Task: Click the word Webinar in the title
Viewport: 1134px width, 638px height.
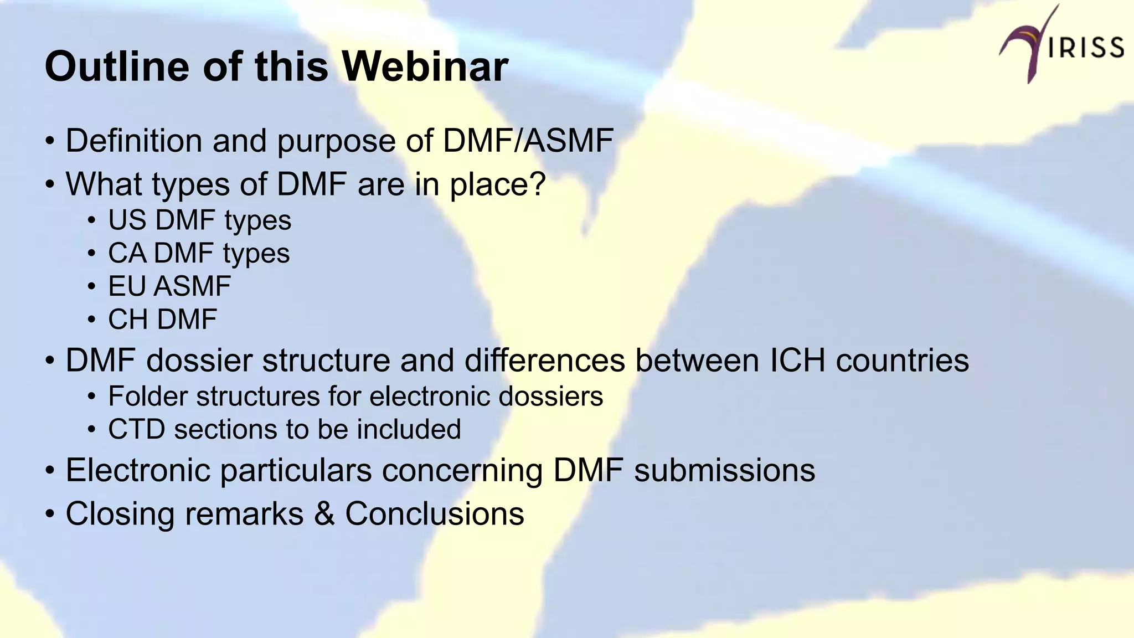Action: (x=425, y=66)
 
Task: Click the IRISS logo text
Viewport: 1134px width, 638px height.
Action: (x=1086, y=48)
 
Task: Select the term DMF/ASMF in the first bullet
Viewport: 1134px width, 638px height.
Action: (x=528, y=141)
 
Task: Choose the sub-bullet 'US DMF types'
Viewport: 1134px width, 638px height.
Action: (x=199, y=220)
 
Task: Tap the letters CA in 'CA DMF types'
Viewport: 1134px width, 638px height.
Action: (x=127, y=254)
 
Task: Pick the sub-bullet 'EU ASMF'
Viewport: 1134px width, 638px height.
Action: (x=169, y=286)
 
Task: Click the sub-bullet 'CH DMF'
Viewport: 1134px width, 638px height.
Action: (x=162, y=320)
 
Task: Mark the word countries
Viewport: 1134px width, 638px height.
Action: (x=902, y=361)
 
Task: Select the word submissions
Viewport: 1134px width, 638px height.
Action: (x=724, y=470)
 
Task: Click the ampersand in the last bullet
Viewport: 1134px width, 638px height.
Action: (x=324, y=513)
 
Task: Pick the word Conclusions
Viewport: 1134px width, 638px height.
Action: (x=434, y=513)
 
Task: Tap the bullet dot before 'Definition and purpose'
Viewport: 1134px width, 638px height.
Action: (x=50, y=142)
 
